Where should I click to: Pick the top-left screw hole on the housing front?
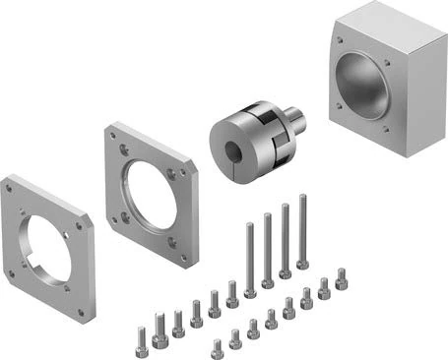point(341,41)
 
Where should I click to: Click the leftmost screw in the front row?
point(217,349)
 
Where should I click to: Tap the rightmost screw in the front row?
point(342,279)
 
